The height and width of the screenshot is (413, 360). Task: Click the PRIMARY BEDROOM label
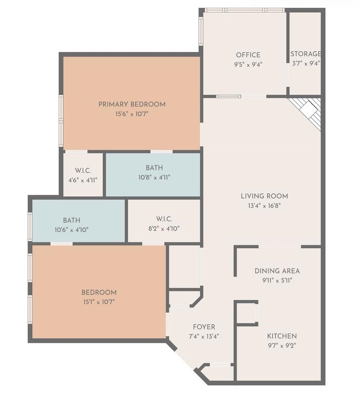pyautogui.click(x=132, y=105)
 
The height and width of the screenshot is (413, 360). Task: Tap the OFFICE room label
pyautogui.click(x=248, y=55)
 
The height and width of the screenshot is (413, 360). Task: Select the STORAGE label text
pyautogui.click(x=306, y=54)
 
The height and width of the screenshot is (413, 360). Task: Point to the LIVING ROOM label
pyautogui.click(x=264, y=196)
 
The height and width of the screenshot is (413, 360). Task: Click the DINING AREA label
pyautogui.click(x=277, y=271)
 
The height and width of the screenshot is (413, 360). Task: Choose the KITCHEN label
pyautogui.click(x=282, y=336)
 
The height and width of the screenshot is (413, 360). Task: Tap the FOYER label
pyautogui.click(x=204, y=327)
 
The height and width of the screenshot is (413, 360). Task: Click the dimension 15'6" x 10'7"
pyautogui.click(x=132, y=114)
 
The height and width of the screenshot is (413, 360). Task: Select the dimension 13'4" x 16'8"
pyautogui.click(x=264, y=205)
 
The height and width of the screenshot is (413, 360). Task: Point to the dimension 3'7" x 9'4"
pyautogui.click(x=306, y=64)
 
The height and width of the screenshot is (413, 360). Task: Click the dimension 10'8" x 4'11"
pyautogui.click(x=154, y=177)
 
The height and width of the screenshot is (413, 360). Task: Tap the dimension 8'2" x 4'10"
pyautogui.click(x=164, y=229)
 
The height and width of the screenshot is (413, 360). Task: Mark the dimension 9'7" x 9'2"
pyautogui.click(x=282, y=345)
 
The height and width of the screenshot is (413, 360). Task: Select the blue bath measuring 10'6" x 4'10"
pyautogui.click(x=78, y=220)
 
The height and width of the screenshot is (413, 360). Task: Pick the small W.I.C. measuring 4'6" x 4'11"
pyautogui.click(x=83, y=175)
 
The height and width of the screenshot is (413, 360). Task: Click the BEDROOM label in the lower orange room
pyautogui.click(x=99, y=293)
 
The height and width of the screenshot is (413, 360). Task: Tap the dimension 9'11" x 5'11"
pyautogui.click(x=277, y=280)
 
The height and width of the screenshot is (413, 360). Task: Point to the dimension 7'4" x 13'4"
pyautogui.click(x=204, y=337)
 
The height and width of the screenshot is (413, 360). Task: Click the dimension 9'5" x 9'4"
pyautogui.click(x=248, y=65)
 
